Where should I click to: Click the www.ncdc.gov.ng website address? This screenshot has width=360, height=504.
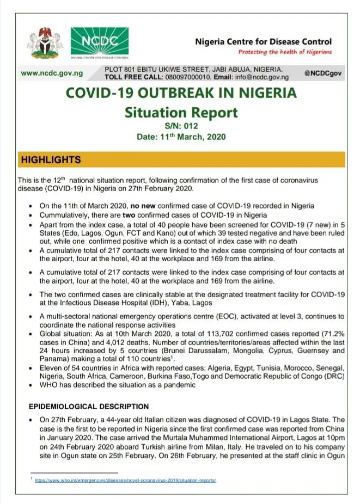coord(51,73)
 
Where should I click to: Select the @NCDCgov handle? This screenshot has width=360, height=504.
coord(324,73)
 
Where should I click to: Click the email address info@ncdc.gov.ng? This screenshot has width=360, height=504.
coord(253,77)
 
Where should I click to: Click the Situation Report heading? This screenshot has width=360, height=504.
coord(181,113)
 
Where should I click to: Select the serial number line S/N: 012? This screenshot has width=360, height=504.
coord(181,127)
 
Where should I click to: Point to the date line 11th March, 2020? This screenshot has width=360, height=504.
coord(181,137)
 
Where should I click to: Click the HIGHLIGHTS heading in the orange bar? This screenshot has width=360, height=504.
coord(51,160)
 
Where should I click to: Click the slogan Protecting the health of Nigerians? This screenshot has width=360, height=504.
coord(284,52)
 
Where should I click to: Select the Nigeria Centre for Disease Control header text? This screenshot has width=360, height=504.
coord(263,41)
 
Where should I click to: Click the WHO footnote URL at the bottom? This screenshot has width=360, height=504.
coord(125,481)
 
